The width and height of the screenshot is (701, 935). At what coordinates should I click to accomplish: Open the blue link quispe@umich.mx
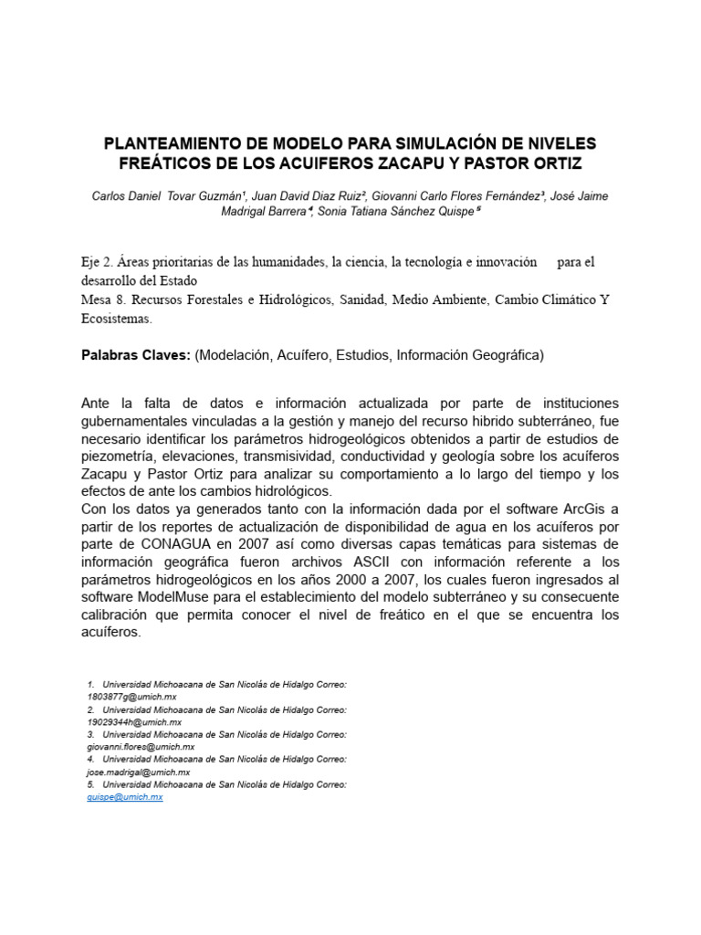click(125, 797)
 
